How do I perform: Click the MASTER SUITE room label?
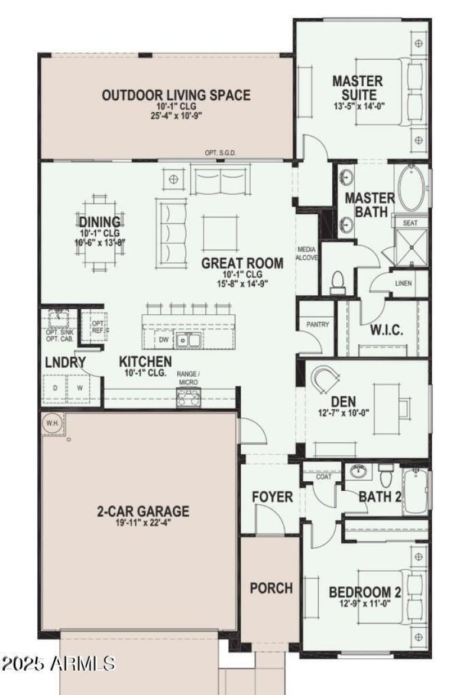point(357,87)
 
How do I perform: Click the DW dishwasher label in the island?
point(163,340)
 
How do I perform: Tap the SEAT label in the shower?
point(410,223)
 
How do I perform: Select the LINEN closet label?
point(403,283)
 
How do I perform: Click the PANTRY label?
point(318,325)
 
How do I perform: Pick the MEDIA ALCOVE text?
point(307,254)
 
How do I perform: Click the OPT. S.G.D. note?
point(221,153)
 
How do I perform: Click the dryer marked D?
point(56,389)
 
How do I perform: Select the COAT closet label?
point(323,476)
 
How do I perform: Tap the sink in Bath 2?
point(357,471)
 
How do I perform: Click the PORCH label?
point(271,588)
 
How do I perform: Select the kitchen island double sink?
point(190,340)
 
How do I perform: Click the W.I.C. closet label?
point(387,330)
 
